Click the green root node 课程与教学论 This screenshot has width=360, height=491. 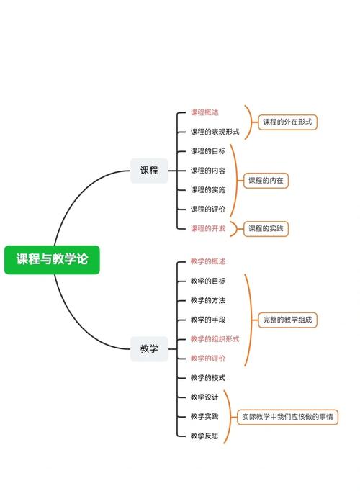click(52, 259)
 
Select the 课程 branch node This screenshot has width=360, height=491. click(149, 171)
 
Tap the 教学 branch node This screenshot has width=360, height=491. click(149, 348)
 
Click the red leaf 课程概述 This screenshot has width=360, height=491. click(204, 112)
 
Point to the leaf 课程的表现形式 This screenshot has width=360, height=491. click(215, 132)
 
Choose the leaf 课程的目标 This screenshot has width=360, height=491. click(208, 151)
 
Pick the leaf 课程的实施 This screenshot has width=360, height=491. click(208, 190)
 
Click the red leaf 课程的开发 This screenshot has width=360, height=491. click(208, 228)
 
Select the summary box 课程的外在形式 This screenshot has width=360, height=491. click(287, 122)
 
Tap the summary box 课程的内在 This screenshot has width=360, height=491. click(266, 180)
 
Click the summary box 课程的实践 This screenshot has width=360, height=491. click(266, 228)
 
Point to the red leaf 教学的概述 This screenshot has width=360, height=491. click(208, 261)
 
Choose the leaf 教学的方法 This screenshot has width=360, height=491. click(208, 300)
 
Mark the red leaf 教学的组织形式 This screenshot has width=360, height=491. click(215, 339)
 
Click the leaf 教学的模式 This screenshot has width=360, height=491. click(208, 377)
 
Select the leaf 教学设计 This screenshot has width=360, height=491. click(204, 397)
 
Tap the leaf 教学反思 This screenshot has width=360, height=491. click(204, 436)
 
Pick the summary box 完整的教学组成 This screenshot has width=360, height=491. click(287, 320)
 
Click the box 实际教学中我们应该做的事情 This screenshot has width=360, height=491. click(287, 416)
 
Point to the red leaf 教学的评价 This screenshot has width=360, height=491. click(208, 358)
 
